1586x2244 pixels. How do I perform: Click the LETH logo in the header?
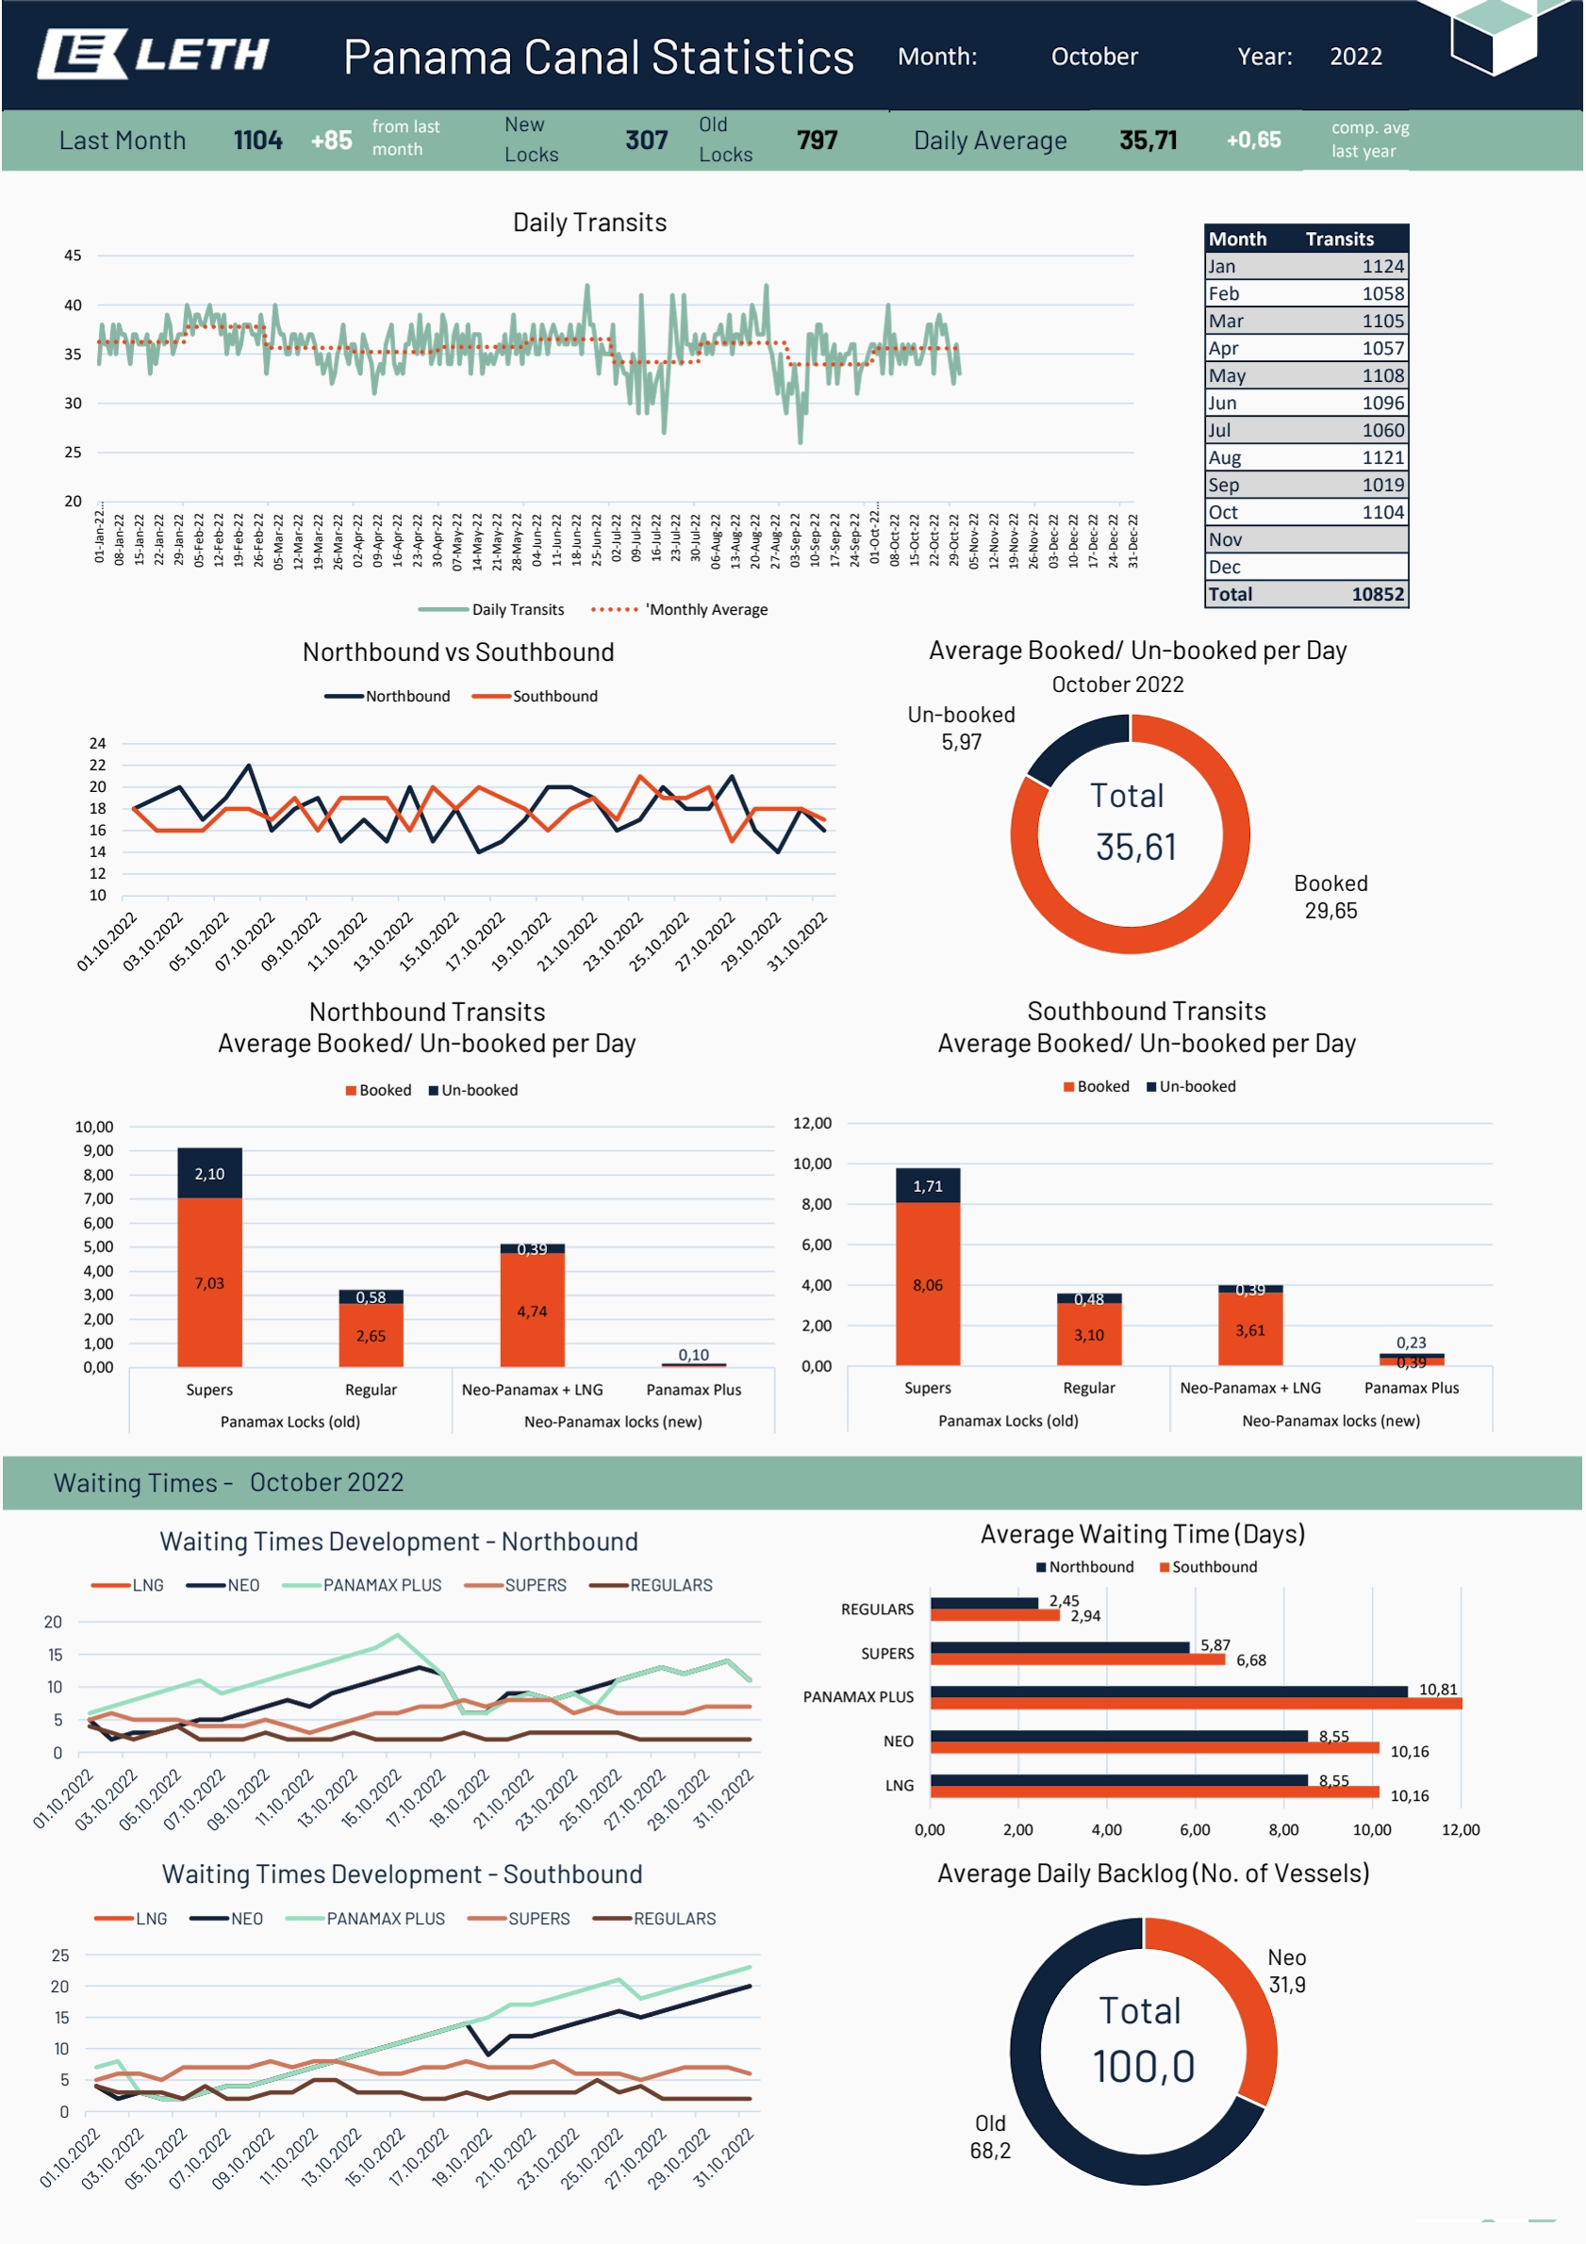(154, 54)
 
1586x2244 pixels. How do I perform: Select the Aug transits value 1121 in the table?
(1382, 457)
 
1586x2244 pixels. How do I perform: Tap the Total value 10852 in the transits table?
(1377, 594)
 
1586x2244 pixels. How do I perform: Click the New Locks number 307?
(646, 140)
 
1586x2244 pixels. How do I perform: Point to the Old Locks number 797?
(817, 140)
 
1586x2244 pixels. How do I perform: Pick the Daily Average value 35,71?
(1148, 140)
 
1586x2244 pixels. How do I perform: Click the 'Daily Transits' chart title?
(589, 222)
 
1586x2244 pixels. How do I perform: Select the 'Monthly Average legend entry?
(679, 609)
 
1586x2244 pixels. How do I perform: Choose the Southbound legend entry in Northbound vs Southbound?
(535, 696)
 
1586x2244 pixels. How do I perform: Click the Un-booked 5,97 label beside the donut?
(962, 728)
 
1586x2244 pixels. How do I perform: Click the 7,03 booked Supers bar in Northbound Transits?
(209, 1281)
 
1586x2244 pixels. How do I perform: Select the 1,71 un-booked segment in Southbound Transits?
(927, 1185)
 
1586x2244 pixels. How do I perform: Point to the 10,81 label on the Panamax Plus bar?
(1437, 1689)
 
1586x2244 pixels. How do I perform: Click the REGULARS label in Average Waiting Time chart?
(877, 1609)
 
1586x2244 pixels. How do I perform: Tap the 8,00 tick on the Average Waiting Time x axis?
(1283, 1829)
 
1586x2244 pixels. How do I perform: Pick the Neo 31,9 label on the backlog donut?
(1287, 1971)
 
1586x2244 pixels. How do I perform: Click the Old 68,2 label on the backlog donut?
(990, 2137)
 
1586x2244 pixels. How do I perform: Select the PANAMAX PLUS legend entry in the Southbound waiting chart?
(366, 1919)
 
